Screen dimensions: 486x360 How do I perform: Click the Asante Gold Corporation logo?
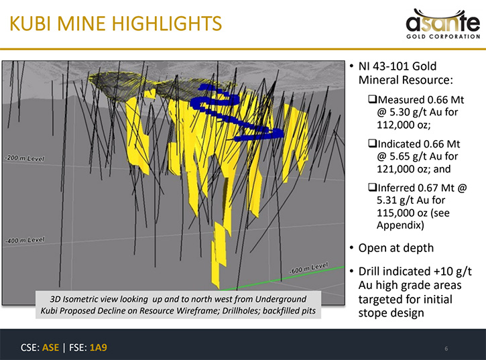coord(443,24)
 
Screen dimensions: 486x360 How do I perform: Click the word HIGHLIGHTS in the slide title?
coord(167,23)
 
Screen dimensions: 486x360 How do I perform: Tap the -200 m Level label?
coord(25,158)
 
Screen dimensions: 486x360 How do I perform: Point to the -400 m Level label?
coord(25,240)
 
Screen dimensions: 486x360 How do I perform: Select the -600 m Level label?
coord(308,268)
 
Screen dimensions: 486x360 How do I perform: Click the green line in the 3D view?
coord(282,278)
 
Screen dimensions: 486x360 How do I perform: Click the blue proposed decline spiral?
coord(237,112)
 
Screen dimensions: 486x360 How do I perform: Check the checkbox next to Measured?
coord(372,99)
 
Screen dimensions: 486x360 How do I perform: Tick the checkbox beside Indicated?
coord(372,143)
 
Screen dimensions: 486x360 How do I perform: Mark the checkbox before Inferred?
coord(372,187)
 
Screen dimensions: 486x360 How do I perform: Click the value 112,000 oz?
coord(403,125)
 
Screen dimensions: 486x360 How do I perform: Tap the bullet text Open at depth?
coord(396,248)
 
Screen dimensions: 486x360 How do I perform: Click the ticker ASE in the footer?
coord(50,347)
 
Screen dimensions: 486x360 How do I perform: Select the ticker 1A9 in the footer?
coord(99,347)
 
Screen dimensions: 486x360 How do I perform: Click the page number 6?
coord(446,349)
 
